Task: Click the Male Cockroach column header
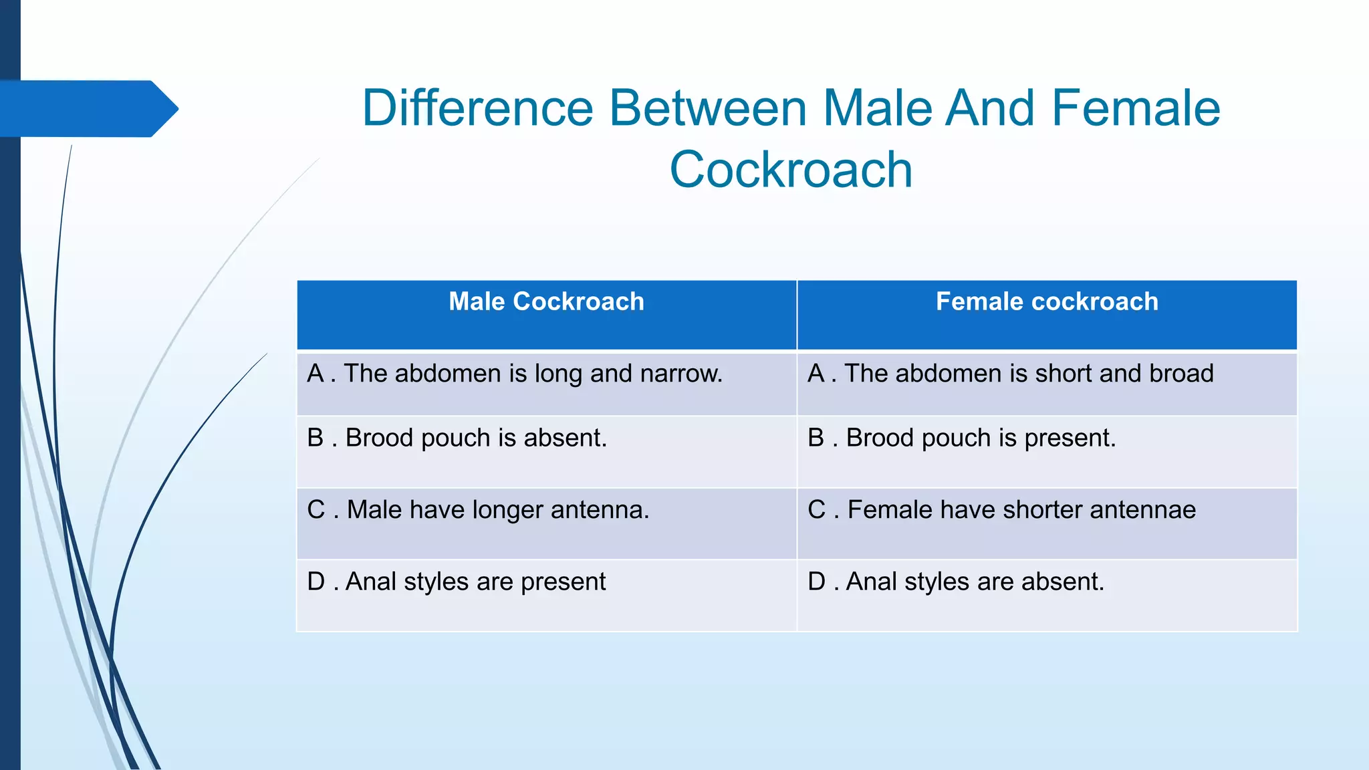click(x=546, y=302)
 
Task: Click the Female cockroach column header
click(x=1047, y=302)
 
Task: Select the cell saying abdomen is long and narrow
click(x=515, y=374)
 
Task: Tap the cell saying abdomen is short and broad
click(x=1010, y=374)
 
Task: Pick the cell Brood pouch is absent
click(x=457, y=438)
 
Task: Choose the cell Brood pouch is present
click(x=962, y=438)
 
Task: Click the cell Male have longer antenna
click(x=478, y=510)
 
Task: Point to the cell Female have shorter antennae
click(x=1001, y=510)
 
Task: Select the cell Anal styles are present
click(x=457, y=582)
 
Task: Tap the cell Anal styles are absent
click(x=956, y=582)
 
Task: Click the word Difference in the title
click(x=477, y=108)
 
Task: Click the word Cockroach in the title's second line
click(x=791, y=170)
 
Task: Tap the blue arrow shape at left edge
click(x=87, y=109)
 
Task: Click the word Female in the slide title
click(x=1136, y=108)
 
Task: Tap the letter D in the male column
click(x=316, y=582)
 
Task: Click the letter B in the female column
click(x=816, y=438)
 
